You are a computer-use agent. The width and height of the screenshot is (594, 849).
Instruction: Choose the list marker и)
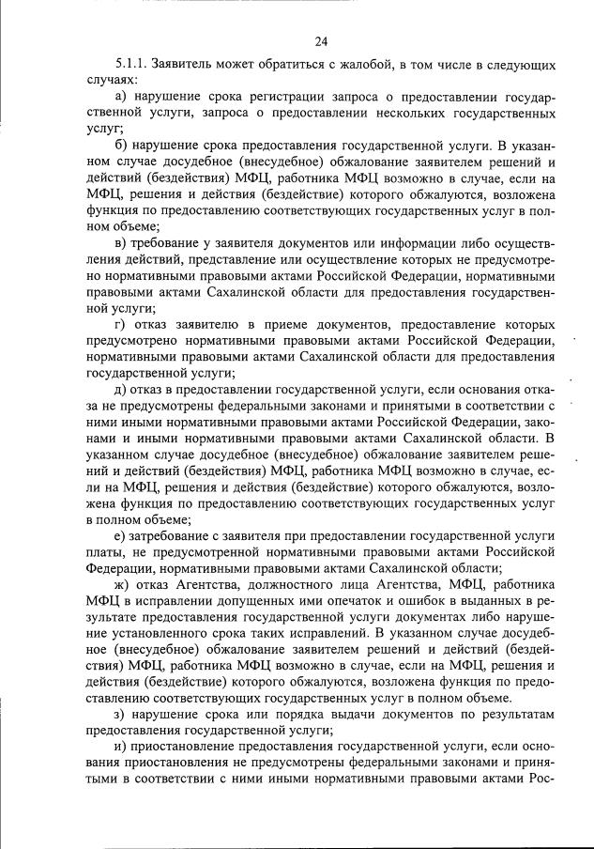pos(120,744)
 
